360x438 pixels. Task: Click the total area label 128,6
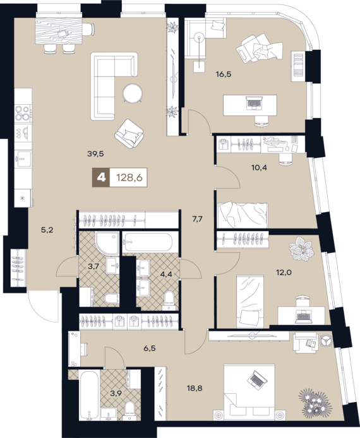coord(129,177)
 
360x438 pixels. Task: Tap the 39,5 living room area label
coord(95,153)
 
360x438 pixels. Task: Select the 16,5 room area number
coord(224,74)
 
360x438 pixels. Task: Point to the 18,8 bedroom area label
coord(195,388)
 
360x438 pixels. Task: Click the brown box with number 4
coord(101,177)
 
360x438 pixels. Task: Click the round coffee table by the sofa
coord(133,93)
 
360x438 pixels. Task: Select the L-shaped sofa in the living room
coord(114,86)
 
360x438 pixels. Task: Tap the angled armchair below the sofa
coord(129,134)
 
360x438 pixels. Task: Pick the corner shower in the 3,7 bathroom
coord(107,243)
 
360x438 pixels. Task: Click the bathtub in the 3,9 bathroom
coord(88,394)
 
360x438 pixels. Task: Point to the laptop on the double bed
coord(257,380)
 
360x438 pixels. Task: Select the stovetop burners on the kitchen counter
coord(23,112)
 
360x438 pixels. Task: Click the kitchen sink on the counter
coord(23,159)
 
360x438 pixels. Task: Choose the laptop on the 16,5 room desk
coord(254,103)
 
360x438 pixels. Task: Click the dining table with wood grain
coord(59,31)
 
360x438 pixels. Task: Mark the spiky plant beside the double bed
coord(316,401)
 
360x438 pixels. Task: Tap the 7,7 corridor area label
coord(197,219)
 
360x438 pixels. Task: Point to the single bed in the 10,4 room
coord(243,215)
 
